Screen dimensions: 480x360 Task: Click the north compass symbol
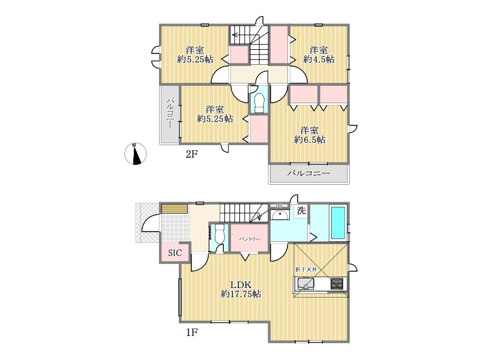(x=136, y=154)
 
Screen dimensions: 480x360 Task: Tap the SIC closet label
(x=175, y=253)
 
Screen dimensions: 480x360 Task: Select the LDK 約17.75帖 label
(x=241, y=289)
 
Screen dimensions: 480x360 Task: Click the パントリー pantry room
(x=250, y=238)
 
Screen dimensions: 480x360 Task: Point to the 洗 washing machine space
(x=302, y=211)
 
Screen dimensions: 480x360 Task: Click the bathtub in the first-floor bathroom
(x=338, y=223)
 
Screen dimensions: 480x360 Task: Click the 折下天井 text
(x=306, y=269)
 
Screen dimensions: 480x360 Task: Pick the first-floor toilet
(x=220, y=234)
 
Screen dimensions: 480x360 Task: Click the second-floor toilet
(x=259, y=102)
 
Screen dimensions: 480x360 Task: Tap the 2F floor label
(x=191, y=154)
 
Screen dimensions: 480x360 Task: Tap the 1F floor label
(x=191, y=332)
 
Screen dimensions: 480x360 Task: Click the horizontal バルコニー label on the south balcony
(x=308, y=173)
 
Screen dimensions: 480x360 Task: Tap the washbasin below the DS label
(x=280, y=215)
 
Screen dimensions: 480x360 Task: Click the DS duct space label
(x=279, y=206)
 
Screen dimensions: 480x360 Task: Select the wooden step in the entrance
(x=175, y=208)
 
